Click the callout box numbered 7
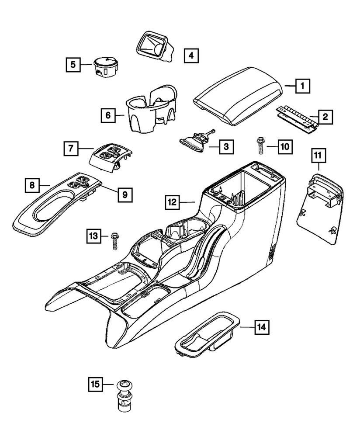pyautogui.click(x=70, y=149)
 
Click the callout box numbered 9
pyautogui.click(x=124, y=195)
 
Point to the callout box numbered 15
pyautogui.click(x=95, y=385)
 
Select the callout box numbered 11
pyautogui.click(x=318, y=155)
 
